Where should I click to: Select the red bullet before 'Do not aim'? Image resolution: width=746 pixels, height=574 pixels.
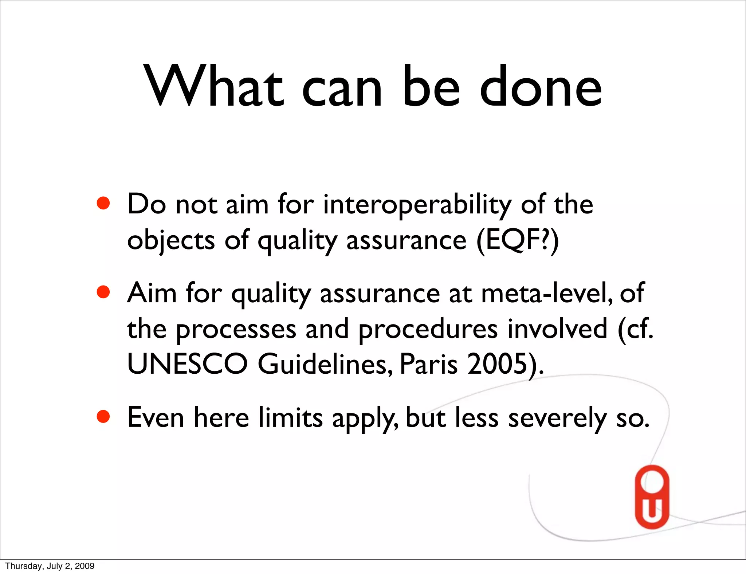103,203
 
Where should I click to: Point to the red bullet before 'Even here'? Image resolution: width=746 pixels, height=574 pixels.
103,417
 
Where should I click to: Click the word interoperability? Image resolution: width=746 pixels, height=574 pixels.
417,205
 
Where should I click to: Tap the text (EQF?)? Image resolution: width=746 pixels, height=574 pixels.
517,240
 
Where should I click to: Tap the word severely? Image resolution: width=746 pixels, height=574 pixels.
557,418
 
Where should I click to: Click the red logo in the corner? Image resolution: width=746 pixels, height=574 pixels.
652,497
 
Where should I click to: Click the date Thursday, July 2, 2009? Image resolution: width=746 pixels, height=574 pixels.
50,566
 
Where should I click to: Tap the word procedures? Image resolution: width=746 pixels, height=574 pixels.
428,329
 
